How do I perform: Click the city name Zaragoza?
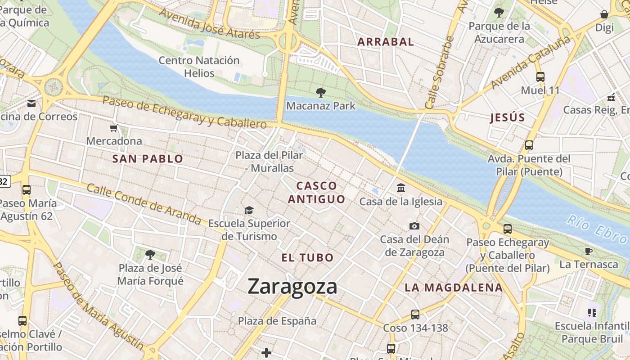(292, 287)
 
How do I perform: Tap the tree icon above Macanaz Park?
(321, 93)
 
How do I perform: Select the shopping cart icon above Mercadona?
(114, 128)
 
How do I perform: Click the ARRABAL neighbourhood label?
(385, 42)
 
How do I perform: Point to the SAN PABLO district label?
(148, 159)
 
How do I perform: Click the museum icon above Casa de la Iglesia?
(400, 188)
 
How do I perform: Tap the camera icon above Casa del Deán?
(414, 226)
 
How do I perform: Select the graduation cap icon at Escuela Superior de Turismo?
(249, 210)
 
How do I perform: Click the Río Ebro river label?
(596, 228)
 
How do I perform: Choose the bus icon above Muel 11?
(540, 77)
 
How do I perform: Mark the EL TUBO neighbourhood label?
(307, 258)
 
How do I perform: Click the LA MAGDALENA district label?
(453, 288)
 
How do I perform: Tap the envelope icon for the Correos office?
(31, 103)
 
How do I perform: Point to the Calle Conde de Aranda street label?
(144, 204)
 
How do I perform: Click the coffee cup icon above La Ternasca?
(588, 251)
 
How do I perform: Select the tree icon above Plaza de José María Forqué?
(150, 255)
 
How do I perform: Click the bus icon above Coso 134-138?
(415, 314)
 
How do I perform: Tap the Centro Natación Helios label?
(199, 66)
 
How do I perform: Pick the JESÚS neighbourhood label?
(507, 118)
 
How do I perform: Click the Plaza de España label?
(277, 321)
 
